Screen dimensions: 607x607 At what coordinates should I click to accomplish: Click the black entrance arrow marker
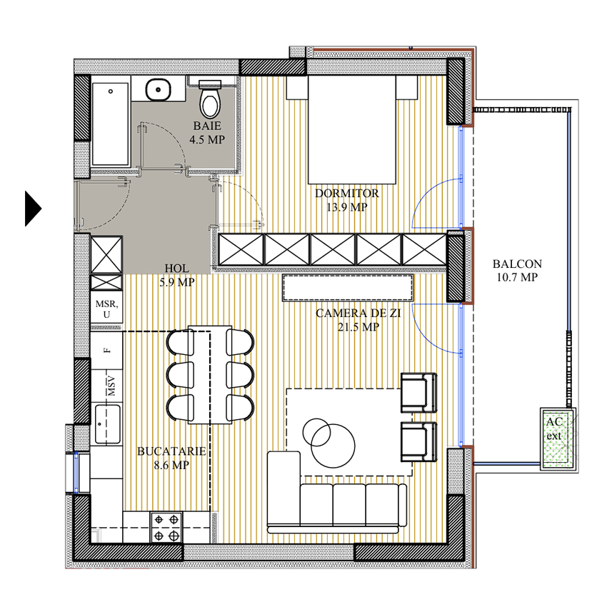[x=33, y=209]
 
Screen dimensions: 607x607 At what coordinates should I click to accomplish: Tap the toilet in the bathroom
[x=210, y=99]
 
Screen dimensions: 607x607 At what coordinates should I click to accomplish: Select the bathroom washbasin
[x=159, y=90]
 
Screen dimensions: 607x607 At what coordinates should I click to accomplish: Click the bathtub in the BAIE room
[x=110, y=124]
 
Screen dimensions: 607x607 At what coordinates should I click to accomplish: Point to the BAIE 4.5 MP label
[x=207, y=132]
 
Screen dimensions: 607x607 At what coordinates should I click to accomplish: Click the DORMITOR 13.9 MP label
[x=347, y=200]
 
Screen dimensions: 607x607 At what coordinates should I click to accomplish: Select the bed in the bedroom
[x=352, y=130]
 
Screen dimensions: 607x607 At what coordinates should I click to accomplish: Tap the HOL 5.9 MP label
[x=177, y=275]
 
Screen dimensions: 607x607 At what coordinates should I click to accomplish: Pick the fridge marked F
[x=107, y=351]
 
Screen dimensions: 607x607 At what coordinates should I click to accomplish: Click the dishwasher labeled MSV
[x=107, y=386]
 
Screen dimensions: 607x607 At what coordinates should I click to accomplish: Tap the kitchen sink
[x=108, y=424]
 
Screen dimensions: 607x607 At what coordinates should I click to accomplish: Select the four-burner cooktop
[x=166, y=527]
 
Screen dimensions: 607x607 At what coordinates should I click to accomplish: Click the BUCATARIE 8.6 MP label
[x=171, y=458]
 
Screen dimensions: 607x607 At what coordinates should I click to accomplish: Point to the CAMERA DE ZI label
[x=358, y=313]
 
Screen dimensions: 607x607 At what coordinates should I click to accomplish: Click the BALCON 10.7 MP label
[x=517, y=270]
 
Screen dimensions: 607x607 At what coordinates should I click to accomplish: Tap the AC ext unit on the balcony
[x=558, y=438]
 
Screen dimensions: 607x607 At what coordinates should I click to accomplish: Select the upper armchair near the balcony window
[x=419, y=393]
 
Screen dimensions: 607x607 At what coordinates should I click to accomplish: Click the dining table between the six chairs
[x=210, y=375]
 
